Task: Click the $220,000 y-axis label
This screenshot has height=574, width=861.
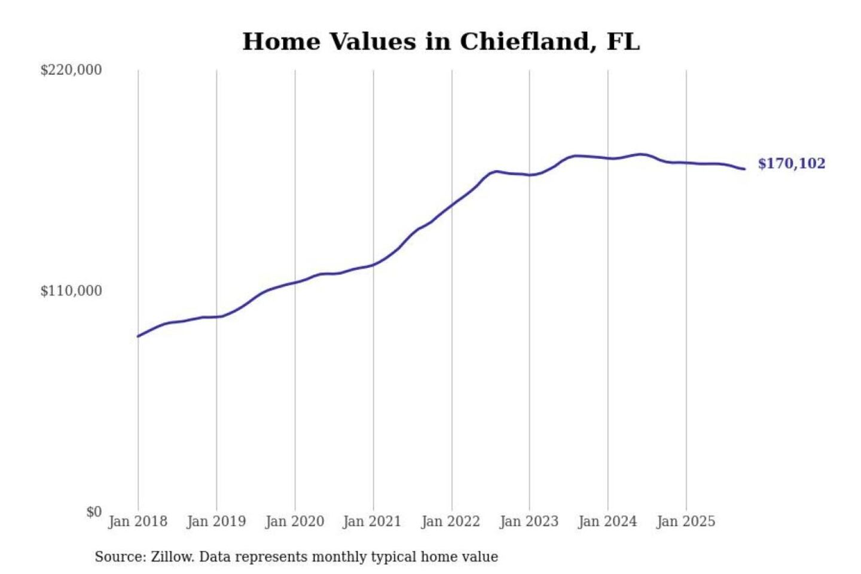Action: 71,70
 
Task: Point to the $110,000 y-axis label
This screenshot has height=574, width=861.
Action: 71,291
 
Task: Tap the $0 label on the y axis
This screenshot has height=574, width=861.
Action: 94,512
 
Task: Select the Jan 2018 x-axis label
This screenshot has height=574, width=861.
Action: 138,521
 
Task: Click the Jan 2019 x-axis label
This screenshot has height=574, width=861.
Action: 216,521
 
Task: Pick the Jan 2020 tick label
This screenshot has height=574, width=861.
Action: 294,521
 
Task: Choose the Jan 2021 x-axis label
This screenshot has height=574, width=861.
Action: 372,521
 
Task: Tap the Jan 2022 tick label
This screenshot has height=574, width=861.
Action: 450,521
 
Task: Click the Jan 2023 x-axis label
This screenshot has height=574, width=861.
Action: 529,521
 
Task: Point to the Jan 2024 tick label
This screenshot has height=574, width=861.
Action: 607,521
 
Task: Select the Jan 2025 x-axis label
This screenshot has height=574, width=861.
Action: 685,521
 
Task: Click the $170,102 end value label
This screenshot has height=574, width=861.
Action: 791,164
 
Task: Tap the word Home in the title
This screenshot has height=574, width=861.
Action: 281,42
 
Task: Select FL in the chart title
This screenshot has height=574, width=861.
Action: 623,42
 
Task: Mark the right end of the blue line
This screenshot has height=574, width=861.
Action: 744,169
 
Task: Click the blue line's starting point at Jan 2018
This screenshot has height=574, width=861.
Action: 138,336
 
